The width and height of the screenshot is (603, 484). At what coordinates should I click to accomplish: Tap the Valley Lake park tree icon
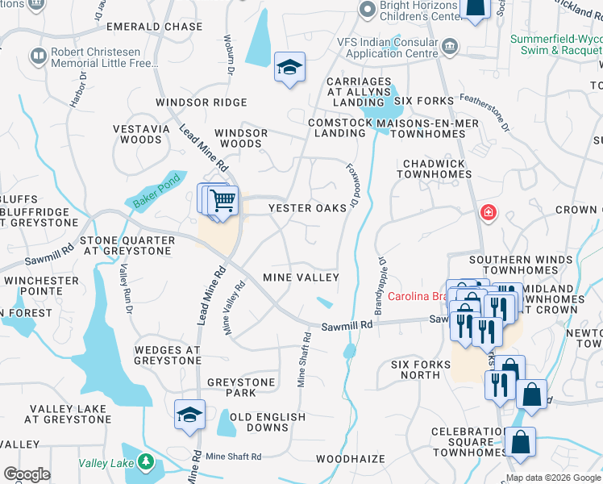[x=145, y=462]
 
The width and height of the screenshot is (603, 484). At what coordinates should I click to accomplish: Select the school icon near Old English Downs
[x=189, y=415]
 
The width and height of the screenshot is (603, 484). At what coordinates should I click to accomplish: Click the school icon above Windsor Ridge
[x=289, y=68]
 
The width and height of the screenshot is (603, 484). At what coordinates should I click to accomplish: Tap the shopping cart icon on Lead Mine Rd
[x=223, y=200]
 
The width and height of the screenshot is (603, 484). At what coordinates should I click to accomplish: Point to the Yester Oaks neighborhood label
[x=306, y=207]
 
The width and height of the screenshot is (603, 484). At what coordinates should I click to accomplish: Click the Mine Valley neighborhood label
[x=301, y=277]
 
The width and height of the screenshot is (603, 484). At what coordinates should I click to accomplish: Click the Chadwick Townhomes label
[x=434, y=169]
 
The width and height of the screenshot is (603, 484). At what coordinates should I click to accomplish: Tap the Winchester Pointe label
[x=41, y=286]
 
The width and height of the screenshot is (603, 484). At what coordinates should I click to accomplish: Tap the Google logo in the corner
[x=26, y=474]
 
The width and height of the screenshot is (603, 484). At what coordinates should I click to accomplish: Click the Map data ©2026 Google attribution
[x=553, y=478]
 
